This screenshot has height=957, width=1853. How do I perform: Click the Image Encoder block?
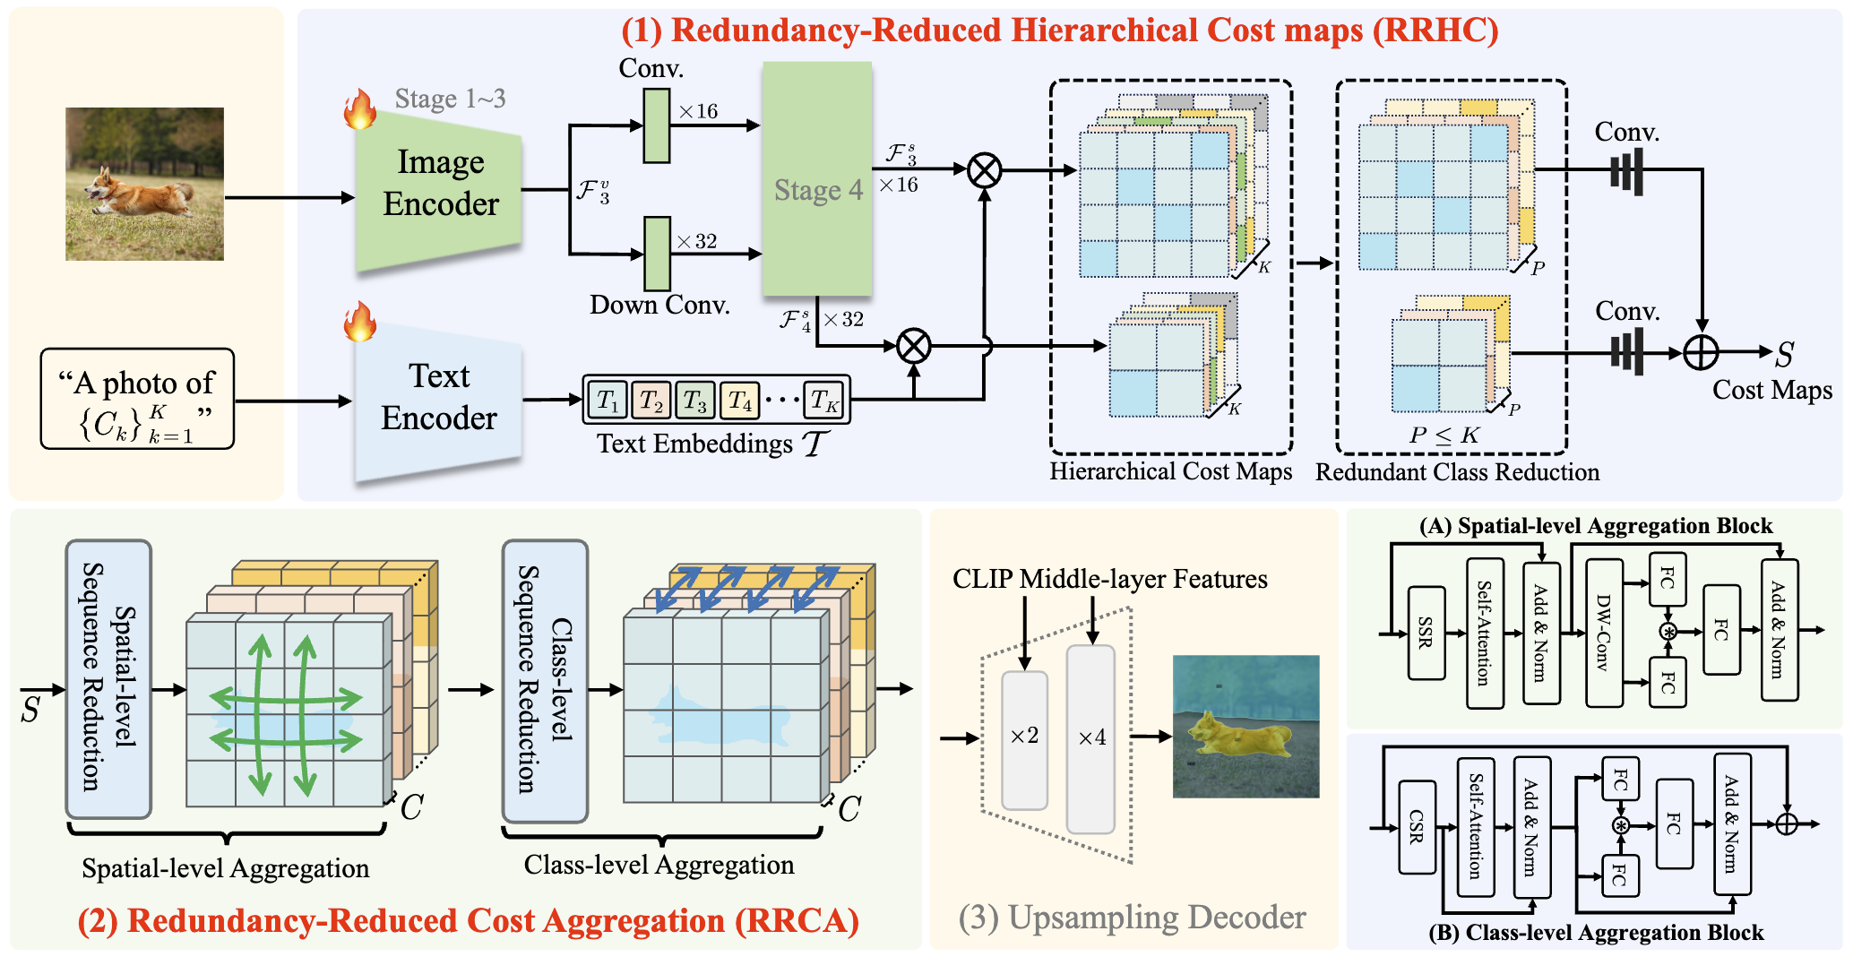click(439, 184)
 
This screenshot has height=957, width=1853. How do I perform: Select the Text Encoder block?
click(438, 397)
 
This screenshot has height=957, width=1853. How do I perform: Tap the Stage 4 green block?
click(817, 179)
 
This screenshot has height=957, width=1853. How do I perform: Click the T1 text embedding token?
click(608, 400)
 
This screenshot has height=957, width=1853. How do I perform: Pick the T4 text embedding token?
click(740, 400)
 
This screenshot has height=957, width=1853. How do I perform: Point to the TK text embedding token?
click(823, 400)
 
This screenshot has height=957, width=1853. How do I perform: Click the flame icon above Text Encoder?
click(360, 322)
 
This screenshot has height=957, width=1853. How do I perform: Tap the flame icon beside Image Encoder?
click(360, 109)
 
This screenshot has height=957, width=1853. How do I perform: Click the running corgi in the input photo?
click(139, 193)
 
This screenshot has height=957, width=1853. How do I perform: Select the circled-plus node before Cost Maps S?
click(1700, 352)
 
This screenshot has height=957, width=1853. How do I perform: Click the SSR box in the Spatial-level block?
click(1426, 632)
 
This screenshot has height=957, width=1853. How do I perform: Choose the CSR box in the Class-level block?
click(1417, 825)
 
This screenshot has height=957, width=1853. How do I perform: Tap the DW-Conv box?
click(1604, 632)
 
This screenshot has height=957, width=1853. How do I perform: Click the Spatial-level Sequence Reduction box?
click(108, 678)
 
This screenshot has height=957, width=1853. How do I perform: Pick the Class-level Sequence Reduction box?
click(545, 680)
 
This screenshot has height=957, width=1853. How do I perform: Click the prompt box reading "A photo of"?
click(137, 399)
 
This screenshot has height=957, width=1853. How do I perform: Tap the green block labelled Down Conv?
click(658, 254)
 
